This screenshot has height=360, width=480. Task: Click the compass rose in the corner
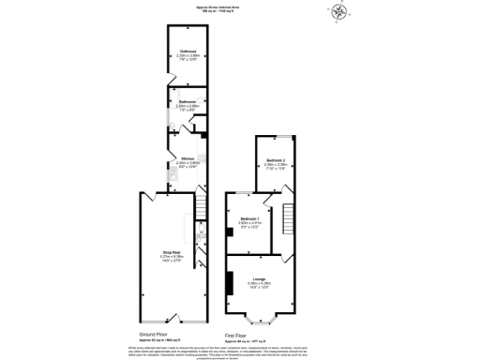point(339,15)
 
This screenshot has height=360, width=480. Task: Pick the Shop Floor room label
point(171,254)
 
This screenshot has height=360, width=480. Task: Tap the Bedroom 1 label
point(248,221)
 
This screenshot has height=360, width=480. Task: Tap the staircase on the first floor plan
point(289,217)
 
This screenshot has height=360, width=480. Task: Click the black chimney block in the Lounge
point(228,282)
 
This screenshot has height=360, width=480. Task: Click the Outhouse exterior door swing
point(168,78)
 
